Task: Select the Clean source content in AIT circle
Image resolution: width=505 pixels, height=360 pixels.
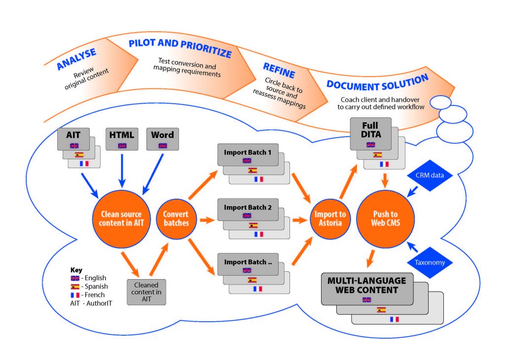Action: click(121, 218)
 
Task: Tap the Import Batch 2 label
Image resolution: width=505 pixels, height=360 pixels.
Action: click(248, 208)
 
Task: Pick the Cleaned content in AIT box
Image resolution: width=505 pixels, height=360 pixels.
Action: click(146, 291)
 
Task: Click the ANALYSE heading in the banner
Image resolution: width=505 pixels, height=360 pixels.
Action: click(76, 59)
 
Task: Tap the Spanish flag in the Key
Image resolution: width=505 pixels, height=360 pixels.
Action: click(75, 286)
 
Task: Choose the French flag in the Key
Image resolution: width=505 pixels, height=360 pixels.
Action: click(75, 294)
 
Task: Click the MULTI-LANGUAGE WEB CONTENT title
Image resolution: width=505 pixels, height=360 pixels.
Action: click(366, 285)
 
